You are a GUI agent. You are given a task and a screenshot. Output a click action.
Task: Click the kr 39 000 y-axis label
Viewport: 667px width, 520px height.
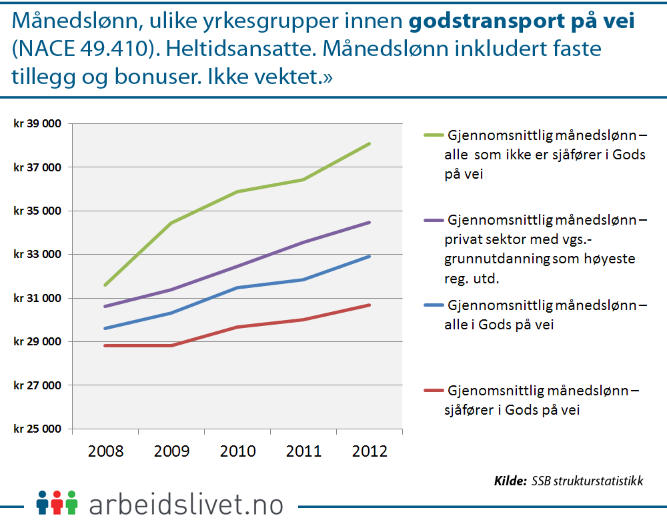tap(37, 124)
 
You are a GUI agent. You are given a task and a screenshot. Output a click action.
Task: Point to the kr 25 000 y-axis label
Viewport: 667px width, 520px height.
tap(37, 429)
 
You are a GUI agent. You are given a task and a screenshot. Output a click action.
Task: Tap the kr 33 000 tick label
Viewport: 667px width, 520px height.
tap(37, 255)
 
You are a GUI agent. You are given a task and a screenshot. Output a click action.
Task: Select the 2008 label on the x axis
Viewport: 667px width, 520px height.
tap(105, 451)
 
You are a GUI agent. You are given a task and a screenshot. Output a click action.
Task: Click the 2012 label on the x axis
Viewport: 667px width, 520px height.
tap(370, 451)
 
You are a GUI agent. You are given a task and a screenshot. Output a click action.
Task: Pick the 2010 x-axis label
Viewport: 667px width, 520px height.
tap(237, 451)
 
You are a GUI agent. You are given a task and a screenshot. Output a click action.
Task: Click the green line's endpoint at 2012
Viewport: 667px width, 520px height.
tap(370, 143)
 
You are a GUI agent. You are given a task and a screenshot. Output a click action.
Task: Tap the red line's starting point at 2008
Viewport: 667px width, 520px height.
tap(105, 345)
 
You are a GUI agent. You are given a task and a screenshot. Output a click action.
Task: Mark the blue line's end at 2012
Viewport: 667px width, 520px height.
tap(370, 256)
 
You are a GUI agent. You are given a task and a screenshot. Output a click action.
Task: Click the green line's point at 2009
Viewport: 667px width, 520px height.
tap(171, 223)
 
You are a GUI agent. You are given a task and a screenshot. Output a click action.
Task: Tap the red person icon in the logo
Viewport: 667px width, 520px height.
tap(57, 502)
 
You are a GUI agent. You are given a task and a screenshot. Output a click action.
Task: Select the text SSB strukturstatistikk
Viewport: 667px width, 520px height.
tap(588, 481)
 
